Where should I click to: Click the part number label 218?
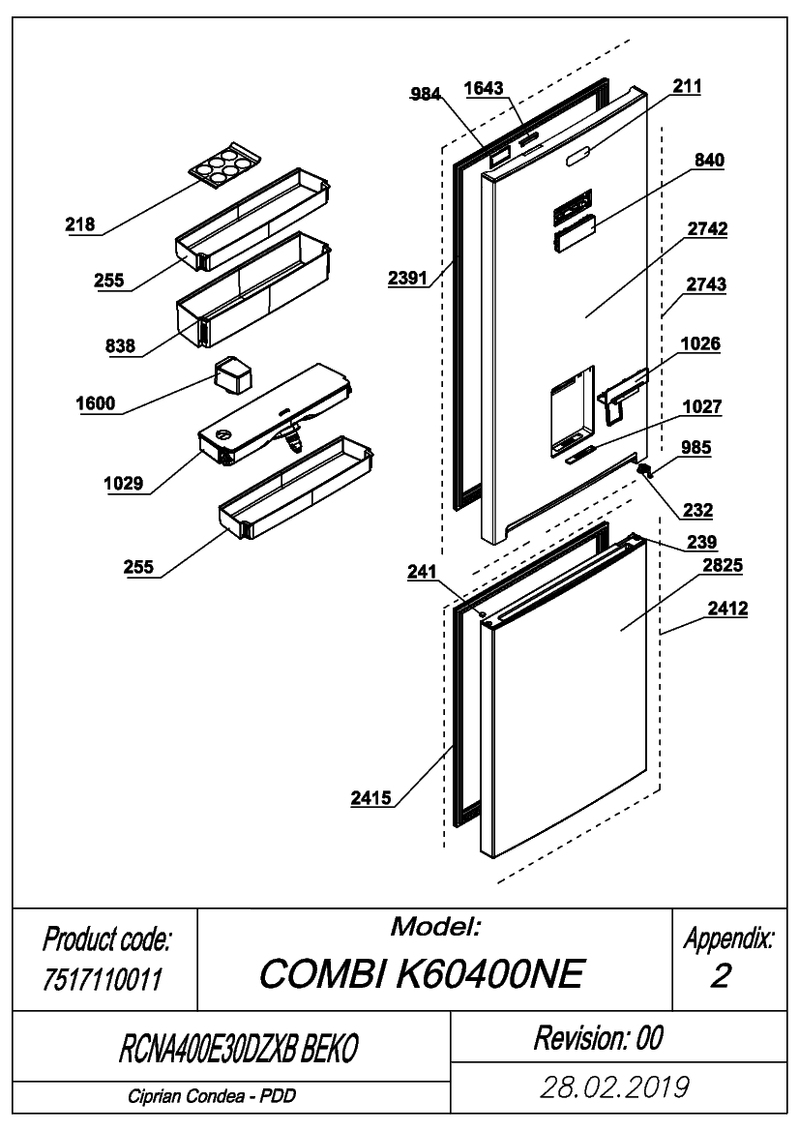(x=80, y=224)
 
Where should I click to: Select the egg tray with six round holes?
(x=223, y=165)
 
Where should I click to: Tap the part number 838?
(x=120, y=345)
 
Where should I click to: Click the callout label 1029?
(x=123, y=484)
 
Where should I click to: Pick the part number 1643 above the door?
(x=483, y=88)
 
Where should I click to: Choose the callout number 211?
(x=687, y=86)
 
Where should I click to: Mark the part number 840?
(x=710, y=160)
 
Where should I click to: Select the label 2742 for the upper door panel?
(x=707, y=228)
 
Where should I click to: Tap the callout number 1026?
(x=700, y=343)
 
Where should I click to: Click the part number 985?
(x=695, y=447)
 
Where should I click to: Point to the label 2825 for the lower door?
(x=723, y=565)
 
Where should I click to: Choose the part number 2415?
(x=371, y=798)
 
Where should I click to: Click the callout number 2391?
(x=407, y=278)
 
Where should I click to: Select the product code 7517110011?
(x=104, y=979)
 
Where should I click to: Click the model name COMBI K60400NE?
(x=421, y=973)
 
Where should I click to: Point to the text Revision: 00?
(x=598, y=1038)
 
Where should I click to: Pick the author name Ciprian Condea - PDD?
(x=212, y=1096)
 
